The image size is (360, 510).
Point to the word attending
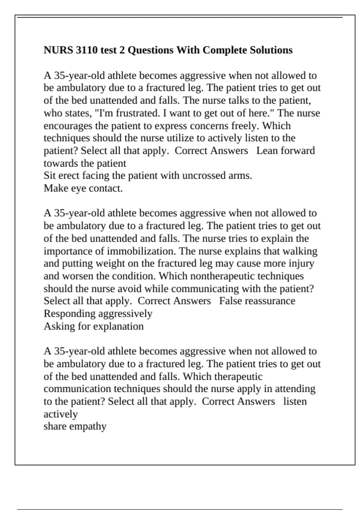[295, 389]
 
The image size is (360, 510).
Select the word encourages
[68, 126]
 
